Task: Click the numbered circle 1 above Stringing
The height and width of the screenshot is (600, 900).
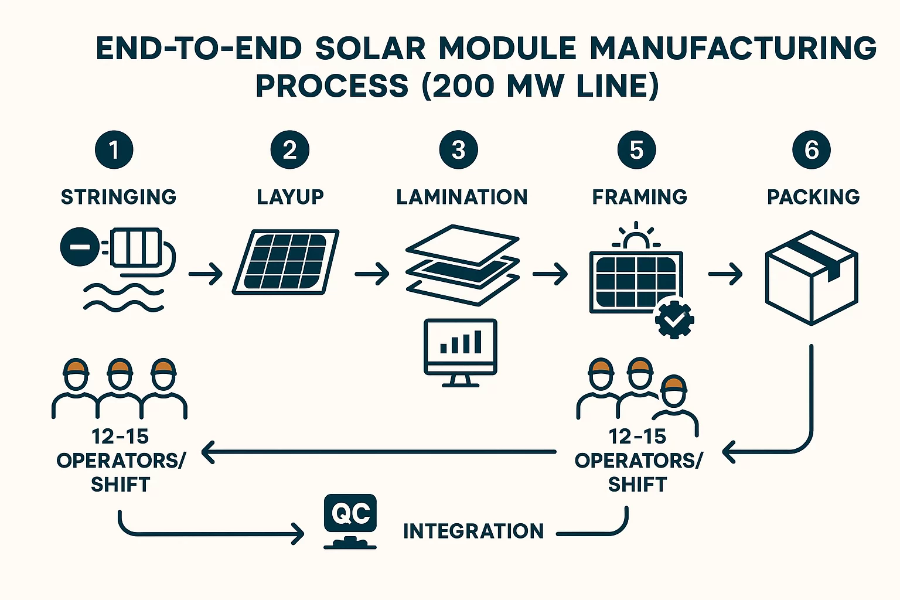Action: (x=114, y=150)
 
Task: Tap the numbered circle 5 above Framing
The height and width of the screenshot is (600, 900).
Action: (x=636, y=150)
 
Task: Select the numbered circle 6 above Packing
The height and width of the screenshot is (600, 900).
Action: (x=811, y=150)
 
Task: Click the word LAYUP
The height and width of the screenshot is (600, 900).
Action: (x=290, y=197)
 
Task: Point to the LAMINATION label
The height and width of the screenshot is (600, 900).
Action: (x=462, y=197)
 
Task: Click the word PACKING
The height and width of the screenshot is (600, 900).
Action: (x=813, y=197)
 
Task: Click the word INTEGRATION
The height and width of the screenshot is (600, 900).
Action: (x=473, y=531)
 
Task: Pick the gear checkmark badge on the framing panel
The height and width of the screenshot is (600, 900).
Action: (x=674, y=319)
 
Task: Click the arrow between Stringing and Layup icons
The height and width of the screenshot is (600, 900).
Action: (x=206, y=274)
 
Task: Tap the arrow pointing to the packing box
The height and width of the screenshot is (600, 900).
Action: (x=725, y=274)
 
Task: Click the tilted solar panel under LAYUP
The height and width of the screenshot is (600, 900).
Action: (x=286, y=262)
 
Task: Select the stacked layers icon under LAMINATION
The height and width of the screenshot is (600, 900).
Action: (x=462, y=265)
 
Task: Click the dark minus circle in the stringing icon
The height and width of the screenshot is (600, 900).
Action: (x=80, y=247)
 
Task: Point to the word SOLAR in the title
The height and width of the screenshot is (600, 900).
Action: (x=370, y=49)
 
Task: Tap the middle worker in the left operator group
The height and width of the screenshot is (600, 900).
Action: (x=120, y=387)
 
